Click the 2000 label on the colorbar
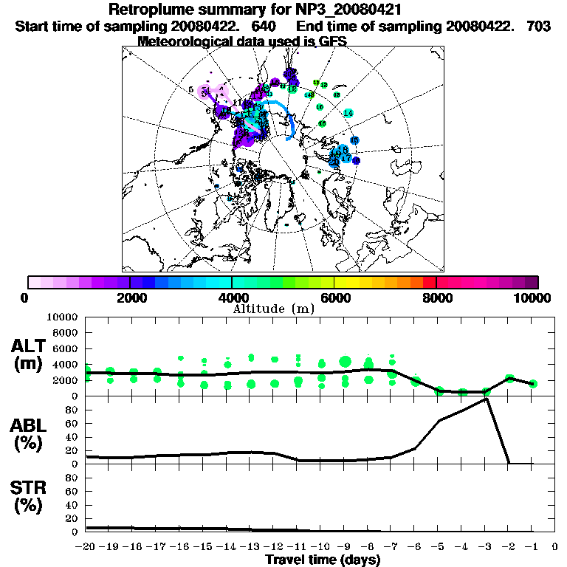pyautogui.click(x=130, y=298)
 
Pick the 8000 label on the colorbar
pyautogui.click(x=436, y=298)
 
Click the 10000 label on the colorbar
pyautogui.click(x=534, y=298)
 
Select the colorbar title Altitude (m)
pyautogui.click(x=283, y=309)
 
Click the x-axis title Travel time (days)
pyautogui.click(x=323, y=560)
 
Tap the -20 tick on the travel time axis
pyautogui.click(x=86, y=547)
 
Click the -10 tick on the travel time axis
pyautogui.click(x=321, y=547)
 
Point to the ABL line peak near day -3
pyautogui.click(x=486, y=398)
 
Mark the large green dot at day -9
pyautogui.click(x=345, y=361)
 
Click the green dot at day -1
pyautogui.click(x=533, y=384)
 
